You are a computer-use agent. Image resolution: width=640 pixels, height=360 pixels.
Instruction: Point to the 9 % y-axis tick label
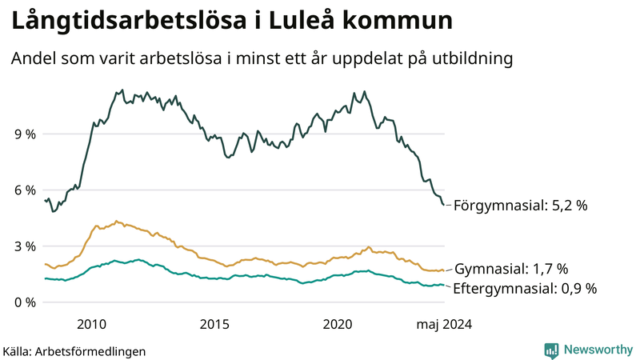tap(25, 134)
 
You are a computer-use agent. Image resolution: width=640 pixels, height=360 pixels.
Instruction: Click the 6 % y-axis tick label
tap(25, 190)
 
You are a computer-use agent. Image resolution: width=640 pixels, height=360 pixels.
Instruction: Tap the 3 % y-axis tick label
tap(25, 246)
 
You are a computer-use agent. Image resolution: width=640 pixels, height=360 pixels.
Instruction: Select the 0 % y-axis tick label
tap(25, 302)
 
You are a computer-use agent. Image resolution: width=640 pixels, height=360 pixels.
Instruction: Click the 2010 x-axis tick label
tap(91, 324)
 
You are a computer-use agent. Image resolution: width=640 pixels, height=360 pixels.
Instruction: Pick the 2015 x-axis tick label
tap(214, 324)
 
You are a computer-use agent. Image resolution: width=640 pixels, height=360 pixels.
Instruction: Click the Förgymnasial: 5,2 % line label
tap(520, 206)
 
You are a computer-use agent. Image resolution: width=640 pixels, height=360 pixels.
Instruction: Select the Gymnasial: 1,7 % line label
tap(510, 269)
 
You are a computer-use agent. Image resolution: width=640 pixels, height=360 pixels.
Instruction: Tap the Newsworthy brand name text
tap(598, 350)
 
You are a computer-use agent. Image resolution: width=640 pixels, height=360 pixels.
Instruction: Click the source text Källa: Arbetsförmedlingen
tap(74, 351)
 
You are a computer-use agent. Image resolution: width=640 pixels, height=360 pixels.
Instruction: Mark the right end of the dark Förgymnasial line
tap(444, 205)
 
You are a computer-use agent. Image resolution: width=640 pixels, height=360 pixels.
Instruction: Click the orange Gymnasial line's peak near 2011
tap(116, 221)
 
